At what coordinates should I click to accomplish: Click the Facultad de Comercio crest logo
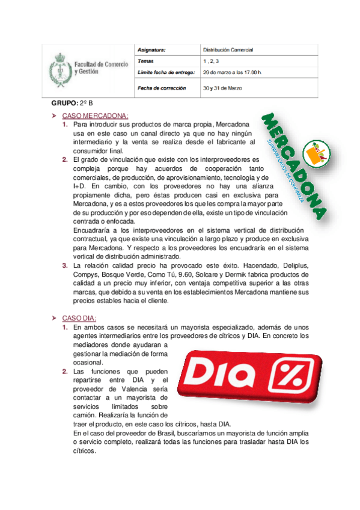pos(59,67)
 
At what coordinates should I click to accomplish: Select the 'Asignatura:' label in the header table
pos(151,49)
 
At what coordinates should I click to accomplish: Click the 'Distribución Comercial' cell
pos(228,49)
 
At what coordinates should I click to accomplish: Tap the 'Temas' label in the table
pos(145,61)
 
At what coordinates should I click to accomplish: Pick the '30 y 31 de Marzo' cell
pos(222,88)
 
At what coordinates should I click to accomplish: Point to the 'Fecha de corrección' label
pos(162,88)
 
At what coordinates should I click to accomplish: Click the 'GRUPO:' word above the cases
pos(64,103)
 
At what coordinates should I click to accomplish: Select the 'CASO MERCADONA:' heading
pos(96,115)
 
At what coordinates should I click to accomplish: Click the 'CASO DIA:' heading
pos(79,317)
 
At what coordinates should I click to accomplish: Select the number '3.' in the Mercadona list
pos(65,265)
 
